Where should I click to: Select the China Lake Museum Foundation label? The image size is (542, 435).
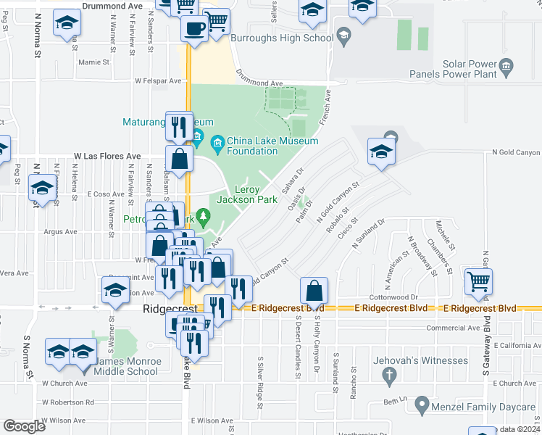pos(252,146)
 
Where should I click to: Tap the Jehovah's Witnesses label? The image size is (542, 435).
pos(420,360)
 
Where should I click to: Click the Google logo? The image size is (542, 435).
pos(25,426)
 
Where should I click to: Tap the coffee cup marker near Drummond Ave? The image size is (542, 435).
pos(193,28)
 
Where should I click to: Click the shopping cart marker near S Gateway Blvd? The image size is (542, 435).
pos(479,281)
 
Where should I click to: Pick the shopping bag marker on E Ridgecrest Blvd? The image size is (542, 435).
pos(314,291)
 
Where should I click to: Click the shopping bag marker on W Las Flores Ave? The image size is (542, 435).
pos(179,157)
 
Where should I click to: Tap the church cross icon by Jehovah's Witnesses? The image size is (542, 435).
pos(389,375)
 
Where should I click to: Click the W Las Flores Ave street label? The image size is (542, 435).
pos(107,156)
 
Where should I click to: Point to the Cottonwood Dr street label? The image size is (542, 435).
pos(394,297)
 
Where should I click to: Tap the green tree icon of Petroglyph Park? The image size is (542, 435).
pos(204,215)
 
